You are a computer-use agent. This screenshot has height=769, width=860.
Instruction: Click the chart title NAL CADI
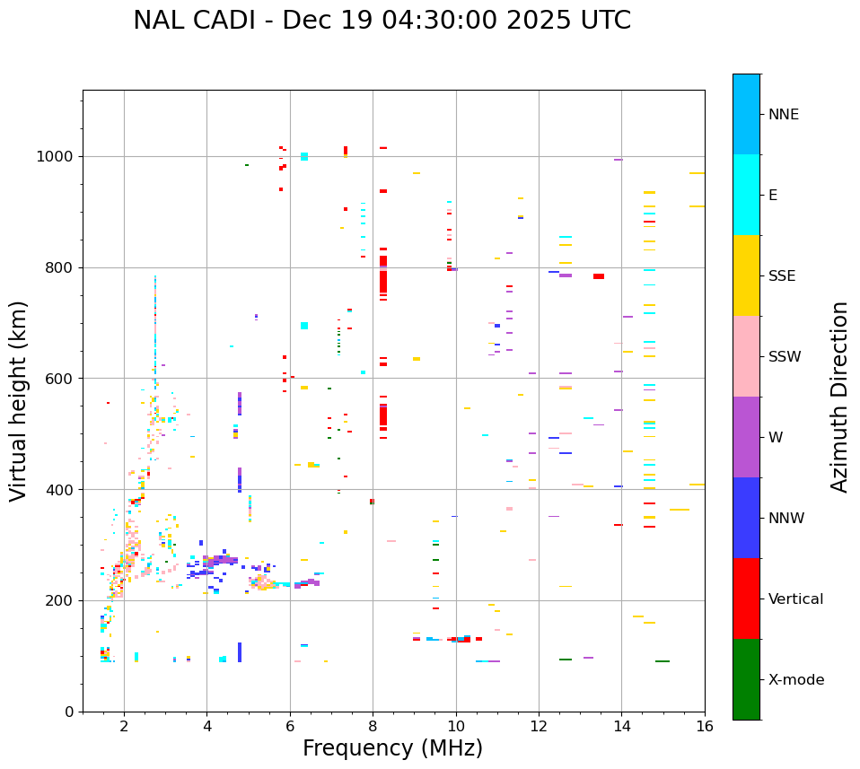pyautogui.click(x=382, y=21)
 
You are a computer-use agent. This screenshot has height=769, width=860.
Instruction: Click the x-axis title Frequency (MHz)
pyautogui.click(x=392, y=748)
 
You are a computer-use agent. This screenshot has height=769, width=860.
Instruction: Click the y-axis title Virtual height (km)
pyautogui.click(x=19, y=400)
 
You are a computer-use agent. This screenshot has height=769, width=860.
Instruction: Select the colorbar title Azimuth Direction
pyautogui.click(x=839, y=397)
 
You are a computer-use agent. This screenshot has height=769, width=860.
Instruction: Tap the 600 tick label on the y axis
pyautogui.click(x=64, y=379)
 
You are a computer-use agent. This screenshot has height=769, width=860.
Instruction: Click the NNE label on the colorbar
pyautogui.click(x=784, y=115)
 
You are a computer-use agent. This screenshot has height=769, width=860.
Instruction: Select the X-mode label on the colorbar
pyautogui.click(x=796, y=680)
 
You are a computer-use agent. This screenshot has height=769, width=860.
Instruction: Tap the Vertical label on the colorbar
pyautogui.click(x=795, y=599)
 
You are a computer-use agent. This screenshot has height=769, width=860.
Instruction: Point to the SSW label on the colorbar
pyautogui.click(x=785, y=357)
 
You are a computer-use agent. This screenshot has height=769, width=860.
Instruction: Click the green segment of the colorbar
pyautogui.click(x=746, y=679)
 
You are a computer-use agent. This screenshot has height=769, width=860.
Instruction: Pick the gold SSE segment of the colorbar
pyautogui.click(x=746, y=275)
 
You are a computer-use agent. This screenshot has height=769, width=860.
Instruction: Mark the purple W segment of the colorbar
pyautogui.click(x=746, y=437)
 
